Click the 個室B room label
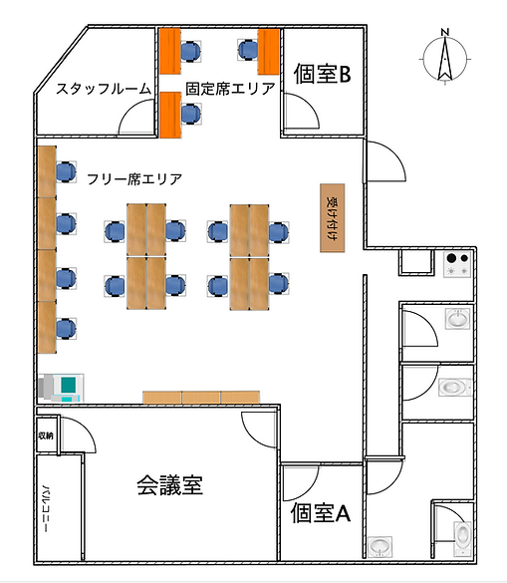pos(321,73)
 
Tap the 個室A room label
pos(321,513)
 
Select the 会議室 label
pos(169,485)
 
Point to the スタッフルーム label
pos(104,89)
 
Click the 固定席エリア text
pos(230,89)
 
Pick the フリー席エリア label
pos(134,179)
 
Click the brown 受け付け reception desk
pos(332,216)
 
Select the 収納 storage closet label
pos(46,435)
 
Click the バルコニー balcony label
pos(47,509)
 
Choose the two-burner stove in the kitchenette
pos(458,264)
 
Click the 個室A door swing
pos(297,482)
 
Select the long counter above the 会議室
pos(201,397)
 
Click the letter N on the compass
pos(445,35)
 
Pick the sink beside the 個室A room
pos(380,546)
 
